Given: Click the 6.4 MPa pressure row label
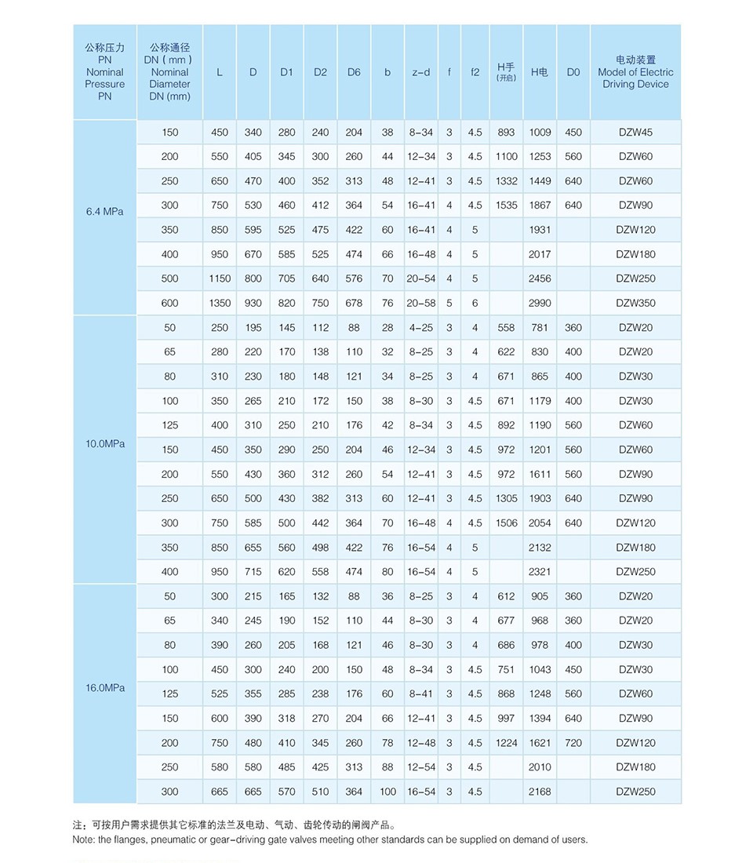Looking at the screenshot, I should click(x=104, y=211).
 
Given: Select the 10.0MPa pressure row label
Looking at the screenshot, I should click(x=104, y=444).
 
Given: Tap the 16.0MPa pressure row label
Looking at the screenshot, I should click(x=104, y=688).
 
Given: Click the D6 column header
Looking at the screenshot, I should click(x=354, y=72).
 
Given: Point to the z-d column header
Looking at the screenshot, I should click(x=421, y=72).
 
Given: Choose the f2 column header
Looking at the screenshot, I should click(x=475, y=72).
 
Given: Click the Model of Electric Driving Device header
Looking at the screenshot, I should click(x=635, y=72).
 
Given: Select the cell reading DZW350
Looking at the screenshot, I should click(x=635, y=303).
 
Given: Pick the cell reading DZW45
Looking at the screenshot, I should click(x=635, y=133).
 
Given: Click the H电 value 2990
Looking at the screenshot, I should click(x=540, y=303).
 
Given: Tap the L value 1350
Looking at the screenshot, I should click(x=220, y=303).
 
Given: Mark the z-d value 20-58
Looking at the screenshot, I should click(x=421, y=303).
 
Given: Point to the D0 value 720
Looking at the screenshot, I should click(x=573, y=743).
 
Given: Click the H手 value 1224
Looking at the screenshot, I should click(x=506, y=743).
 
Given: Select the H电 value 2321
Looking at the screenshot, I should click(x=540, y=572).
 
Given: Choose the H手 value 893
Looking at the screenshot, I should click(x=506, y=133).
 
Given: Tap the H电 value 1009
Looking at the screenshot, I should click(x=540, y=133).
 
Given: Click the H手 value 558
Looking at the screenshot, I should click(x=506, y=328).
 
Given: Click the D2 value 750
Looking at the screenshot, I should click(x=320, y=303).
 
